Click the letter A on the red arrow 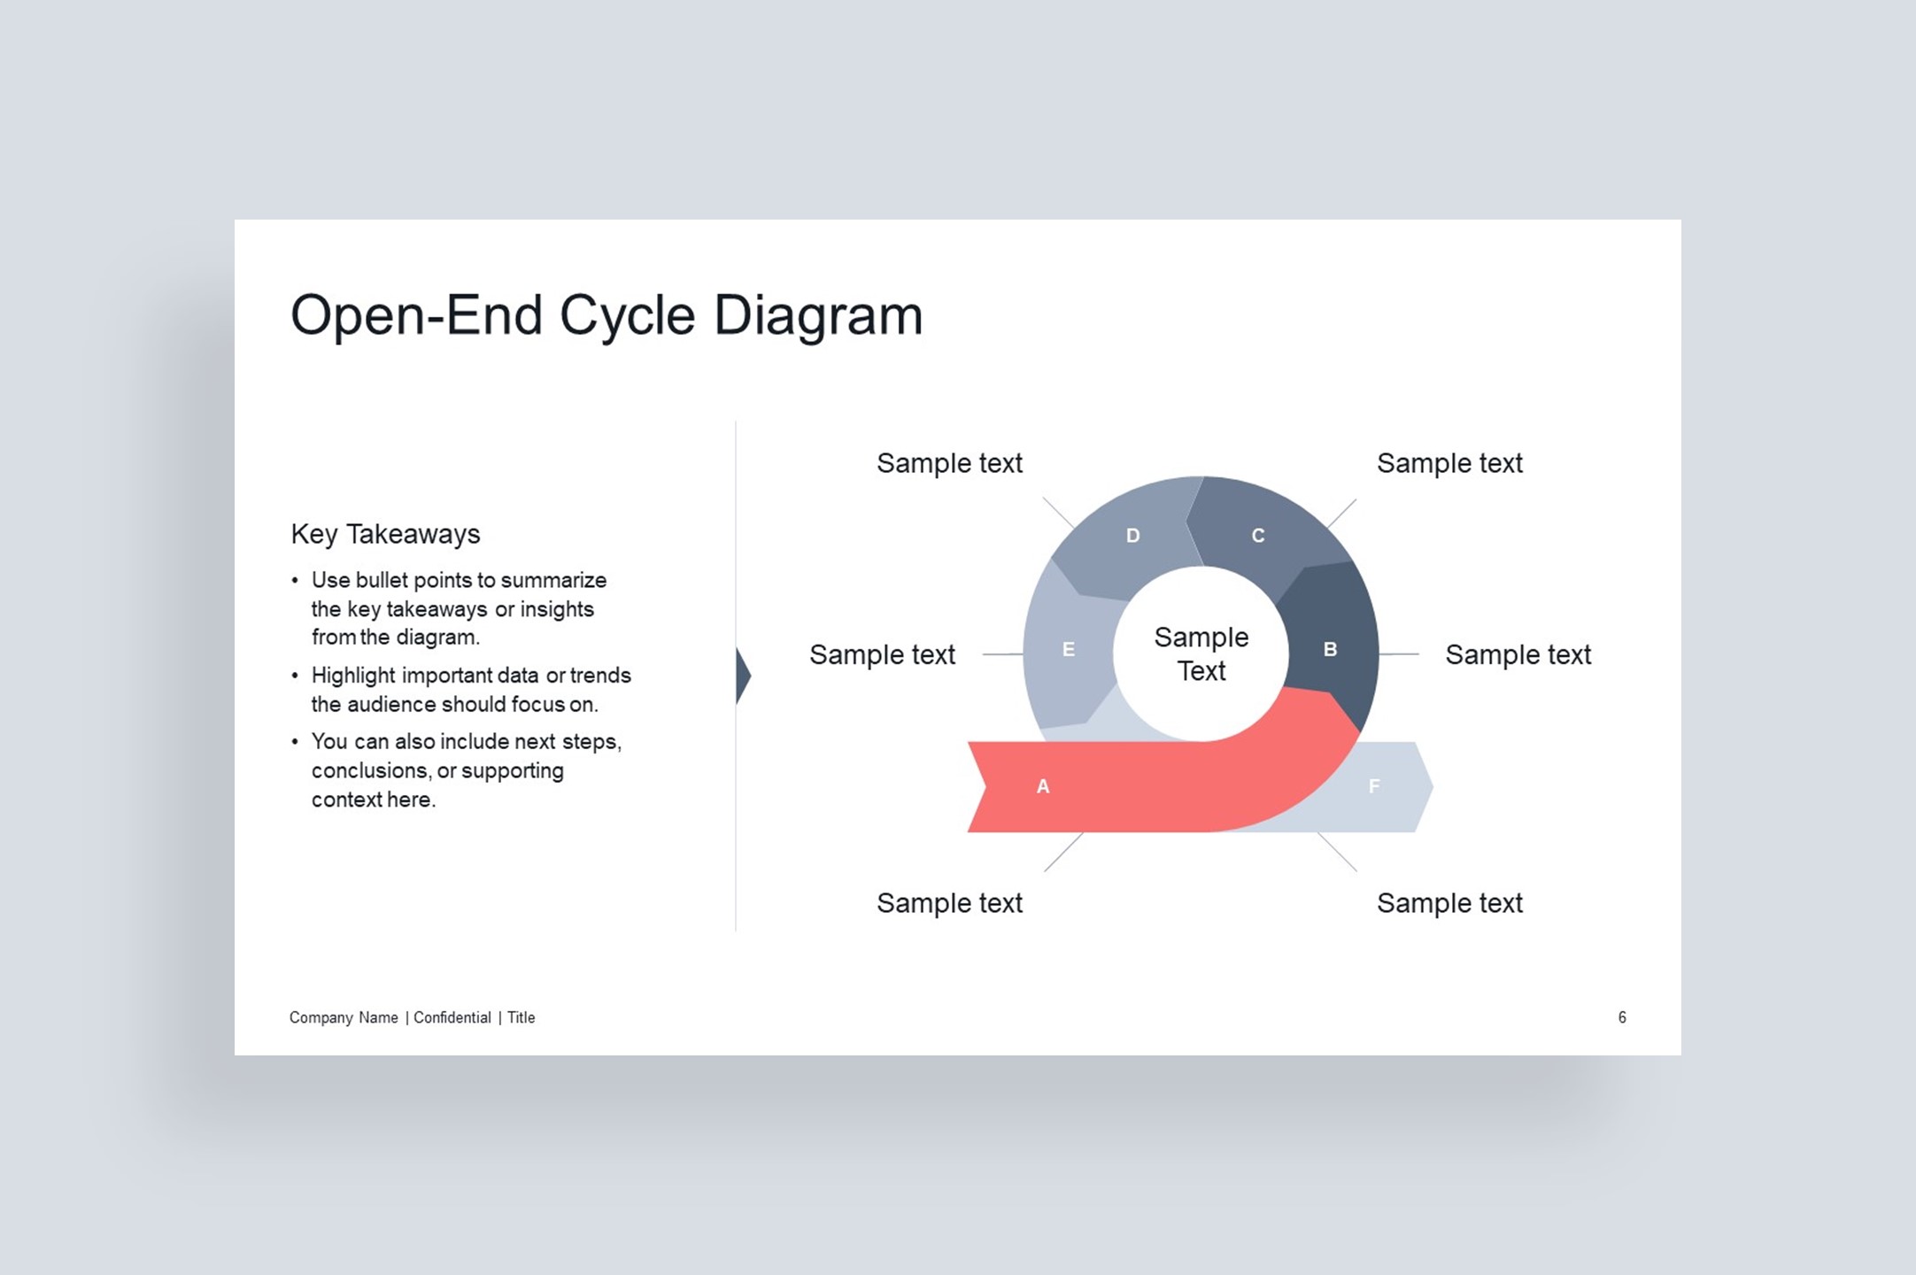point(1043,786)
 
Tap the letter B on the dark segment point(1330,650)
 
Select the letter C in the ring point(1258,536)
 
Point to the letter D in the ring point(1132,536)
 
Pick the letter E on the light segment point(1069,650)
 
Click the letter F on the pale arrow point(1374,786)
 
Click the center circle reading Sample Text point(1201,653)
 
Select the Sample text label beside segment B point(1518,654)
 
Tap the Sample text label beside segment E point(882,654)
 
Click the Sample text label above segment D point(949,463)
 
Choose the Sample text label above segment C point(1449,463)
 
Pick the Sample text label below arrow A point(949,903)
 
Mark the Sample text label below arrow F point(1449,903)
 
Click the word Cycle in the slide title point(627,316)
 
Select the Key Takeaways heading point(385,534)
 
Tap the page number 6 point(1622,1017)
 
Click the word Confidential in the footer point(452,1017)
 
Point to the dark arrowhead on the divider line point(743,676)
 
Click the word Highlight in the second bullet point(353,676)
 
